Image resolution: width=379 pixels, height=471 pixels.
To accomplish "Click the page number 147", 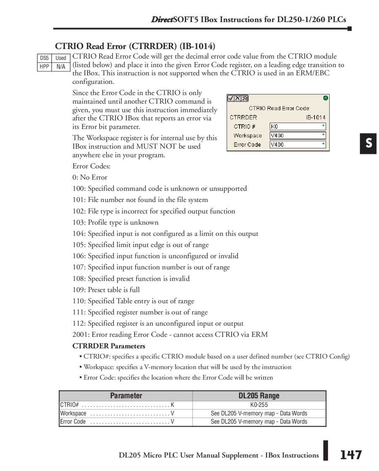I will (351, 455).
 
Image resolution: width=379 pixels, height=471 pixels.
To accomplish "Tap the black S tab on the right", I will (368, 144).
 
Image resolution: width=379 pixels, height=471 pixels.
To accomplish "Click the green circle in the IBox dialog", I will (325, 98).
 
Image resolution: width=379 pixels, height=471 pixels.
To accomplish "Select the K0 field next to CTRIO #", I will (297, 126).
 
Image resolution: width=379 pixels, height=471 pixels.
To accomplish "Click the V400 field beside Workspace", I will (297, 136).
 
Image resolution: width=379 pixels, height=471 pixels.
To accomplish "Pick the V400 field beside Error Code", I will (297, 145).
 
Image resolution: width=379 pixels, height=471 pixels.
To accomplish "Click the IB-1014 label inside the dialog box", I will (315, 117).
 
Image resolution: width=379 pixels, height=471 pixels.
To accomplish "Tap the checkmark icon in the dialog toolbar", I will (231, 98).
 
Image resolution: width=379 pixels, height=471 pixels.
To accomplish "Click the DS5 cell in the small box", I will (44, 58).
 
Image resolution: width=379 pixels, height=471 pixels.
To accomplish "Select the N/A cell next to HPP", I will (61, 67).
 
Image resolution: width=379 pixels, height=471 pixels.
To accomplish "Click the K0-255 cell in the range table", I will (259, 405).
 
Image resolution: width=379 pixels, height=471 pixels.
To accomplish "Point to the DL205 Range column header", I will (259, 396).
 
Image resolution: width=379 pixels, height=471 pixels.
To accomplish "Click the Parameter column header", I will (126, 396).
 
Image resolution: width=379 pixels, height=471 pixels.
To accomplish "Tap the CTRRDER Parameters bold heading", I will (109, 346).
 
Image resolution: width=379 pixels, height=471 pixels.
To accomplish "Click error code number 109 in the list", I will (78, 290).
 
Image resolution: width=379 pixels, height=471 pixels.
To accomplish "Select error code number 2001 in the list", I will (80, 335).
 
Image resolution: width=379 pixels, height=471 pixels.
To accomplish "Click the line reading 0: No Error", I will (90, 177).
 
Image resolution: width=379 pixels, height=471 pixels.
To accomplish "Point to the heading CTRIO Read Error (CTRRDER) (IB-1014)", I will (136, 45).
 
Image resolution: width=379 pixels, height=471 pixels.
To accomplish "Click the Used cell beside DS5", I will (61, 58).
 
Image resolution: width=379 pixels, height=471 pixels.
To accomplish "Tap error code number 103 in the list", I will (78, 222).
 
